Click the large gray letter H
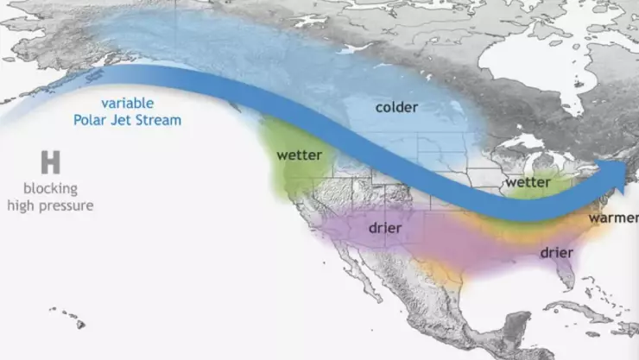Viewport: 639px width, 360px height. tap(50, 161)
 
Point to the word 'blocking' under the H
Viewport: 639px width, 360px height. tap(50, 188)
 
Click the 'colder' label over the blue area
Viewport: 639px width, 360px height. tap(396, 107)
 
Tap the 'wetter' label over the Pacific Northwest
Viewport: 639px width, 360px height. tap(299, 155)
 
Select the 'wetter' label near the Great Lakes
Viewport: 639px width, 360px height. tap(528, 183)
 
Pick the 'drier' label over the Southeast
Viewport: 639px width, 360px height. tap(557, 253)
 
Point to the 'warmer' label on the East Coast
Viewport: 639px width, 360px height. tap(613, 218)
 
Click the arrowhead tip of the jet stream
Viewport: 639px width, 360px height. tap(628, 176)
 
